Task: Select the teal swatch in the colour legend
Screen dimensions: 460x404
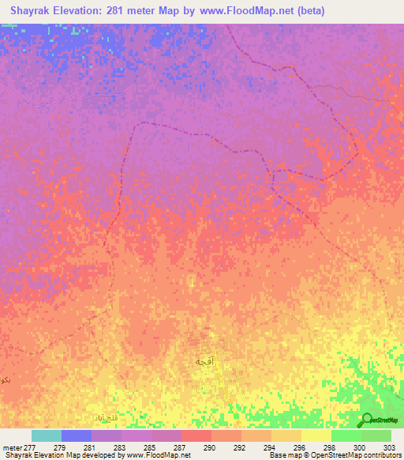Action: click(x=47, y=435)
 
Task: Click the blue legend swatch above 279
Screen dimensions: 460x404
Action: click(x=77, y=435)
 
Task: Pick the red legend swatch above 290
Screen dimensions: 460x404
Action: click(x=196, y=435)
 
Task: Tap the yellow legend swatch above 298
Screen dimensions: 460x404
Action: click(x=316, y=435)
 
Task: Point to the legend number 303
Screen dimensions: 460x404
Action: click(x=389, y=448)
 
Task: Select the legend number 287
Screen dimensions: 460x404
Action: click(x=181, y=448)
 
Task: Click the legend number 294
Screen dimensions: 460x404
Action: click(x=271, y=448)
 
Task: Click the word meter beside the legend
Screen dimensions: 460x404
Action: click(x=11, y=448)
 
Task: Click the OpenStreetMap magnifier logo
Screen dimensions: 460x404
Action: click(x=367, y=420)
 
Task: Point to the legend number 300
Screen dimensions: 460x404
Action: click(x=360, y=448)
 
